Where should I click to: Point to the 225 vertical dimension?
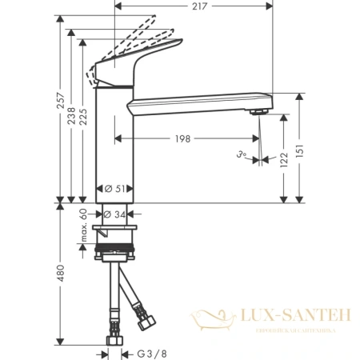(83, 118)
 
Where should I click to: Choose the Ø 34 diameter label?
(117, 214)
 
